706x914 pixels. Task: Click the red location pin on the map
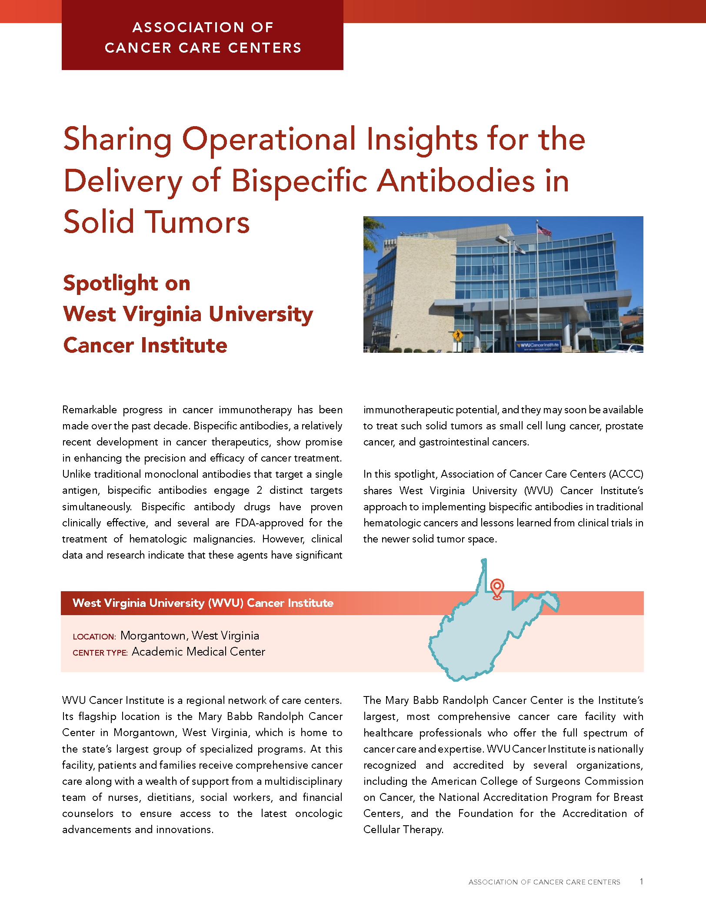point(497,588)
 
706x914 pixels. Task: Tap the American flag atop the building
point(545,230)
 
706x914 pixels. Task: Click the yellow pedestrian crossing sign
point(457,335)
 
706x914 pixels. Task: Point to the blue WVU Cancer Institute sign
point(538,346)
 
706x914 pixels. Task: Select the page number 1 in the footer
point(641,881)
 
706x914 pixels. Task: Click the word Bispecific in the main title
point(300,181)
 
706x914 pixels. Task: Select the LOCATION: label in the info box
point(94,637)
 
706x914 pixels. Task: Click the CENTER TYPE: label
point(100,653)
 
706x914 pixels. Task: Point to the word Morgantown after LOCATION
point(153,636)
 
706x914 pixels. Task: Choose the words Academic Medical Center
point(198,652)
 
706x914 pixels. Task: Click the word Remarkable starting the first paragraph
point(90,410)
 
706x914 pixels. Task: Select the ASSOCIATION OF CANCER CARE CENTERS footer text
point(544,882)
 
